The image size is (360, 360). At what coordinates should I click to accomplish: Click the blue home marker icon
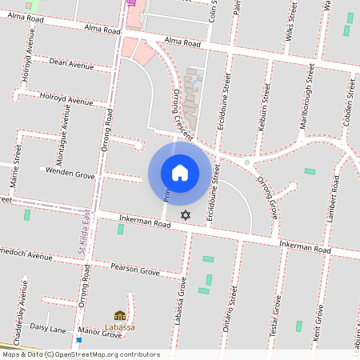[x=180, y=172]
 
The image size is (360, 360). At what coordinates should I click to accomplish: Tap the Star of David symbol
[x=186, y=215]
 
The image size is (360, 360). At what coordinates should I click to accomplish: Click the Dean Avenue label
[x=70, y=62]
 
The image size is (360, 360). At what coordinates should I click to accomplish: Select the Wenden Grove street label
[x=70, y=172]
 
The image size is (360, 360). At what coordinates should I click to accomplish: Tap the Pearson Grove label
[x=135, y=270]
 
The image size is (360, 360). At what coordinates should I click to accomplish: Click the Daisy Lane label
[x=47, y=329]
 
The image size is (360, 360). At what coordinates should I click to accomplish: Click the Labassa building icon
[x=120, y=317]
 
